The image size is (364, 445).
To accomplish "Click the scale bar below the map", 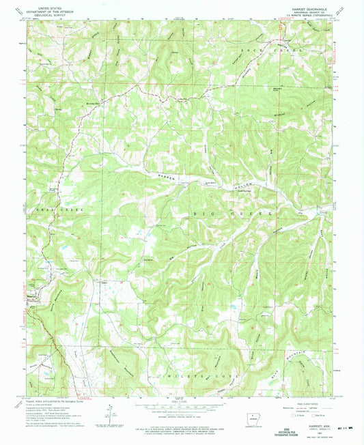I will coord(181,404).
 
